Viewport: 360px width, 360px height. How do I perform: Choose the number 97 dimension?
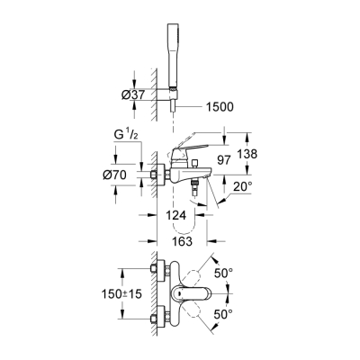click(225, 159)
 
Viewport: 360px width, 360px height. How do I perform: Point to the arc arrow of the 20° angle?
click(220, 200)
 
